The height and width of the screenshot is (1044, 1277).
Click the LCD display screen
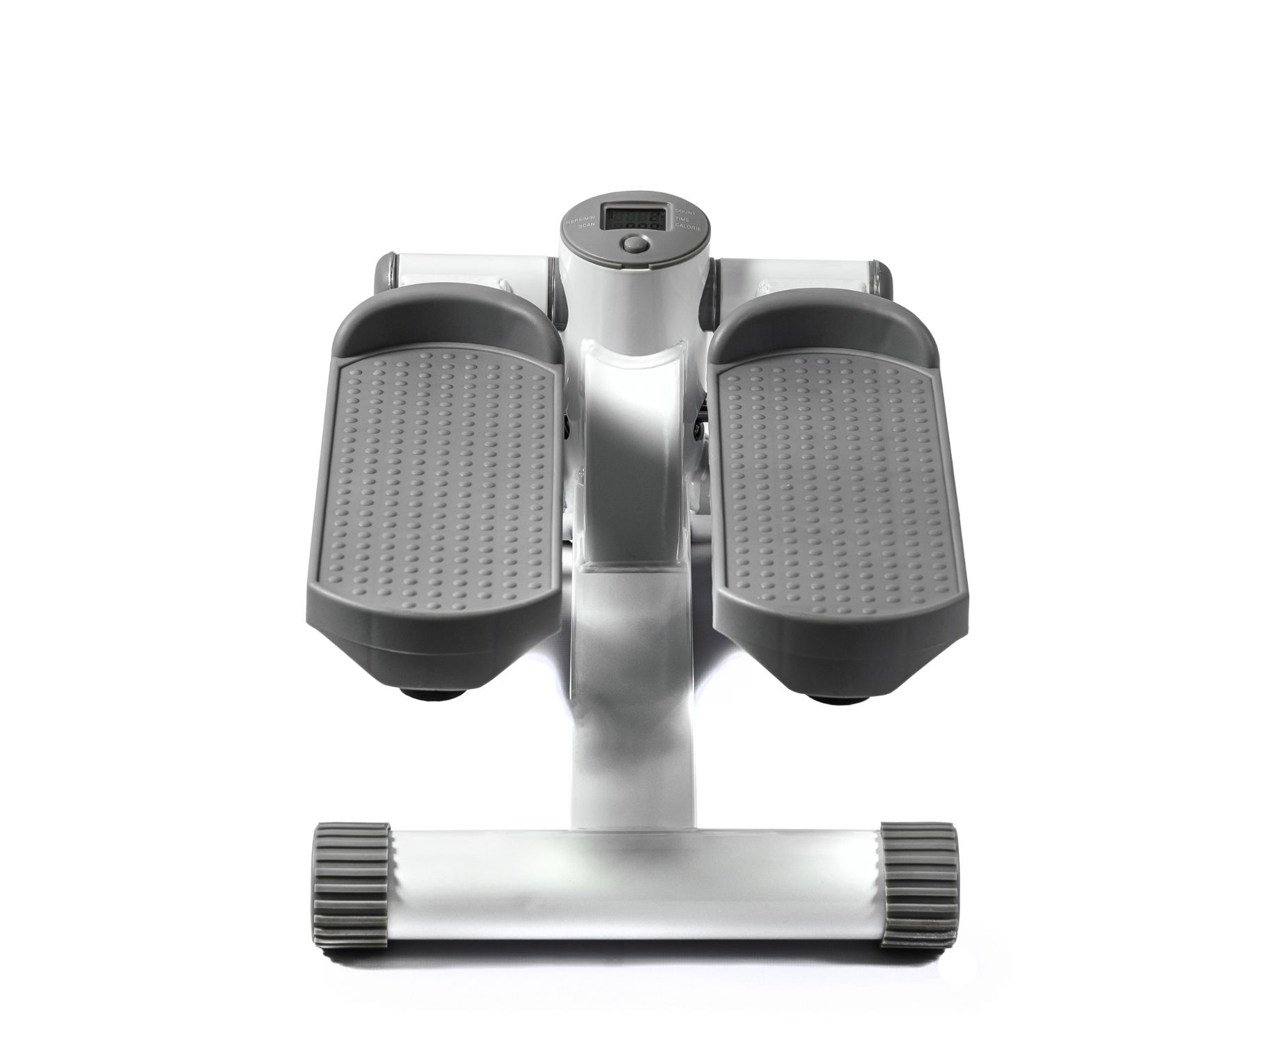pyautogui.click(x=636, y=219)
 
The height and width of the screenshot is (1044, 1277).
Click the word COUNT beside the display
pyautogui.click(x=685, y=212)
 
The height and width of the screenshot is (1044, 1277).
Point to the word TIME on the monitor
pyautogui.click(x=682, y=219)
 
